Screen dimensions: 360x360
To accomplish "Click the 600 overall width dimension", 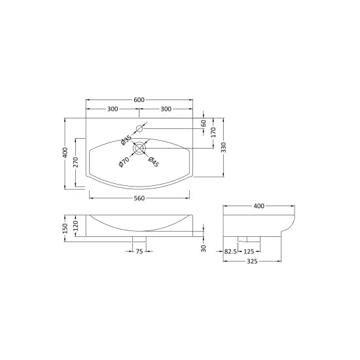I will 139,99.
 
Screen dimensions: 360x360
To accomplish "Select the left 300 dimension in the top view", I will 113,108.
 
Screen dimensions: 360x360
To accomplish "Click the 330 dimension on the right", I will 224,149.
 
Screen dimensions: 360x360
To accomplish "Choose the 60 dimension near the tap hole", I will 204,123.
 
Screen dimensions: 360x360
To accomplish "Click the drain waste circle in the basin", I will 139,149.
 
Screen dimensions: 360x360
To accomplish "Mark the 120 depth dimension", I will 76,224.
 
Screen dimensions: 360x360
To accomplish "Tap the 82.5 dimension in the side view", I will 230,251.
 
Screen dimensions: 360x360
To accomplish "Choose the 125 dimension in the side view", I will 249,251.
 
